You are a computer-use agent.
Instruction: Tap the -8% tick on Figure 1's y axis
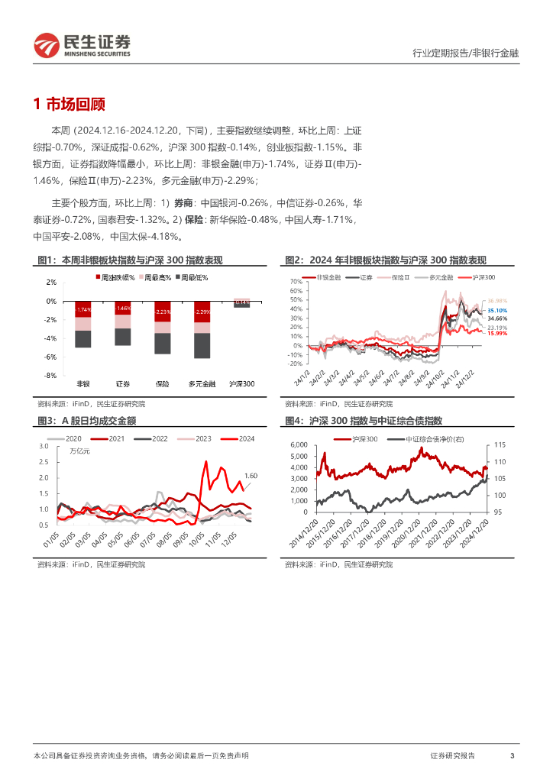point(50,376)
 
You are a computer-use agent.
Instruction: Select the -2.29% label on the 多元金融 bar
point(202,312)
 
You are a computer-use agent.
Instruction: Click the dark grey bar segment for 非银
point(83,339)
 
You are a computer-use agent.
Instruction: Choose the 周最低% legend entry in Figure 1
point(194,278)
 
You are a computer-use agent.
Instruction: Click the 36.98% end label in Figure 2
point(497,301)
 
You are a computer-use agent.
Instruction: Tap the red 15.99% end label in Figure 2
point(497,334)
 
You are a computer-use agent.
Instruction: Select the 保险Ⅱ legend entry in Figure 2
point(404,276)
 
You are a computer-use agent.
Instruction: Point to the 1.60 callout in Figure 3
point(250,476)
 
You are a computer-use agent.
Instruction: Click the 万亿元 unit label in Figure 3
point(79,451)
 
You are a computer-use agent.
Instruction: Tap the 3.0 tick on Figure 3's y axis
point(44,445)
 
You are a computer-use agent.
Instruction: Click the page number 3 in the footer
point(512,755)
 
